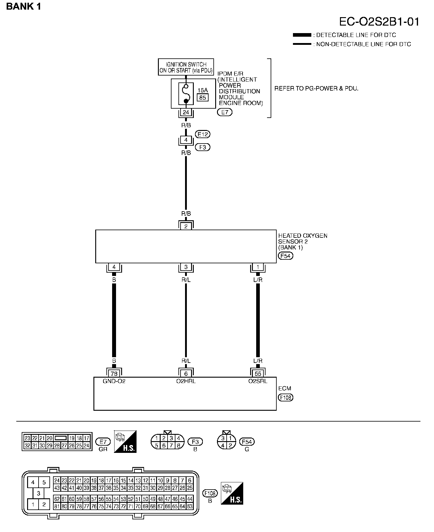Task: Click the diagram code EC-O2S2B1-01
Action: click(x=379, y=22)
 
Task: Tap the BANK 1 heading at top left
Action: click(x=24, y=7)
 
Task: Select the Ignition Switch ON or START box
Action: click(x=186, y=67)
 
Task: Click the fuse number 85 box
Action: click(x=203, y=97)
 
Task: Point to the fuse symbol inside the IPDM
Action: click(x=186, y=94)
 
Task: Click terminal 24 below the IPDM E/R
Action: click(x=186, y=113)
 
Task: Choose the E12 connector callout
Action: click(x=203, y=134)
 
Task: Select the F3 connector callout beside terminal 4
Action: click(x=203, y=147)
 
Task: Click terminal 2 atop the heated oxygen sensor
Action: click(x=186, y=226)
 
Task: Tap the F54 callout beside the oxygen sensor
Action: click(x=285, y=256)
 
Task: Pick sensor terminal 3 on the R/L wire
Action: click(x=186, y=267)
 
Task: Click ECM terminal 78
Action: click(x=114, y=373)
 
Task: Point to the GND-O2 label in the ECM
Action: click(x=114, y=381)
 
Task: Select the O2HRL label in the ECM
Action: click(x=186, y=381)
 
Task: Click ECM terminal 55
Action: click(x=258, y=373)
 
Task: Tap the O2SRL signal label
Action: click(x=258, y=381)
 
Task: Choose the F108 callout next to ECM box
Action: click(x=285, y=397)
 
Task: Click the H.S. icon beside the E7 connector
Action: click(x=125, y=441)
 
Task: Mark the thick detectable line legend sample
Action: click(x=302, y=35)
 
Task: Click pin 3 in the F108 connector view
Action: click(x=39, y=493)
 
